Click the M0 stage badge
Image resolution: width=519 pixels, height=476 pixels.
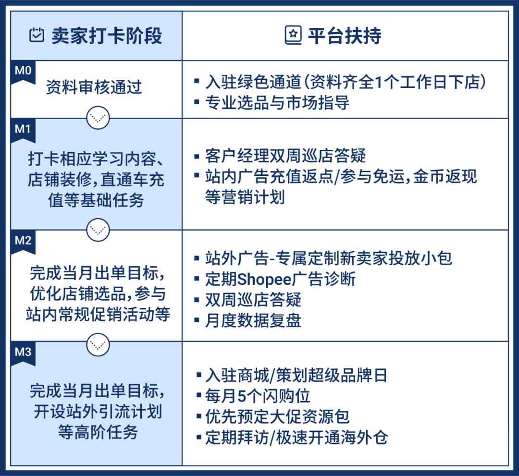pos(23,72)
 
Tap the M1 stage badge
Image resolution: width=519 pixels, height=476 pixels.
pos(23,130)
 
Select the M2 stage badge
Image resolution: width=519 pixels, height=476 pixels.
pos(23,242)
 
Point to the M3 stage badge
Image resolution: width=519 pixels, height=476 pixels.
pos(23,354)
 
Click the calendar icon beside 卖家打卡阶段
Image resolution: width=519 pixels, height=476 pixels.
pos(37,35)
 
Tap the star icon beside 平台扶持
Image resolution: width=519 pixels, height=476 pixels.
pos(293,35)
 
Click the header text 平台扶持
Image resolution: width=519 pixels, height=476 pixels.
pos(345,36)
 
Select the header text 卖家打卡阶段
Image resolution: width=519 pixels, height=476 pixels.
pos(107,36)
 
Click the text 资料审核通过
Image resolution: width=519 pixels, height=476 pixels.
pos(94,87)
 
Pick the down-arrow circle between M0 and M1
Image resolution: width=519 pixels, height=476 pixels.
pos(98,118)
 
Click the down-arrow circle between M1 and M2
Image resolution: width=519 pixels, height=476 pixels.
pos(98,230)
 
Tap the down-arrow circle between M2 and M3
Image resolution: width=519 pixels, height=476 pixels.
pos(98,345)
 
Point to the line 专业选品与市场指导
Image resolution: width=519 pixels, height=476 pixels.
pos(277,102)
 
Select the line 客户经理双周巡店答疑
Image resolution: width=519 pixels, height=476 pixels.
pos(285,156)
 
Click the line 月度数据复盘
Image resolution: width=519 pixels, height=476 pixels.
pos(253,320)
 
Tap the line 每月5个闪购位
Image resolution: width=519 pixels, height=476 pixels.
pos(258,396)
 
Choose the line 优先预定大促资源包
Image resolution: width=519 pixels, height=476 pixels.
pos(277,417)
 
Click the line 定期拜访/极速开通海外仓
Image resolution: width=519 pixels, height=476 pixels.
pos(297,438)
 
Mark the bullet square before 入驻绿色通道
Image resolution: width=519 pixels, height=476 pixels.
pos(197,81)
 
